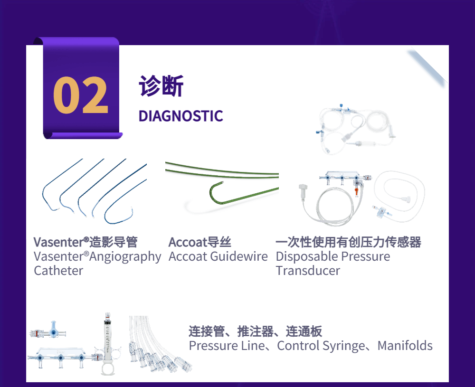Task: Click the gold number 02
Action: tap(81, 95)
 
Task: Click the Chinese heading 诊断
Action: tap(161, 86)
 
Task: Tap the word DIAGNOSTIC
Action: tap(180, 116)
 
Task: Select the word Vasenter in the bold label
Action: tap(58, 242)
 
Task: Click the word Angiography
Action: tap(125, 257)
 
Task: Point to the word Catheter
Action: tap(58, 271)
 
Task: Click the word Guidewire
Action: tap(239, 256)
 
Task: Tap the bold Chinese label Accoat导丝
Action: tap(200, 242)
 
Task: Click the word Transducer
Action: tap(308, 271)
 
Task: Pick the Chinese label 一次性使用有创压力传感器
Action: tap(348, 242)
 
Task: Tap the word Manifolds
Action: tap(405, 346)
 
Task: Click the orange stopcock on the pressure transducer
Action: tap(357, 191)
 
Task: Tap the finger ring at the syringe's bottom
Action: tap(108, 368)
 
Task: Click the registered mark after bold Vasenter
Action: tap(86, 239)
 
